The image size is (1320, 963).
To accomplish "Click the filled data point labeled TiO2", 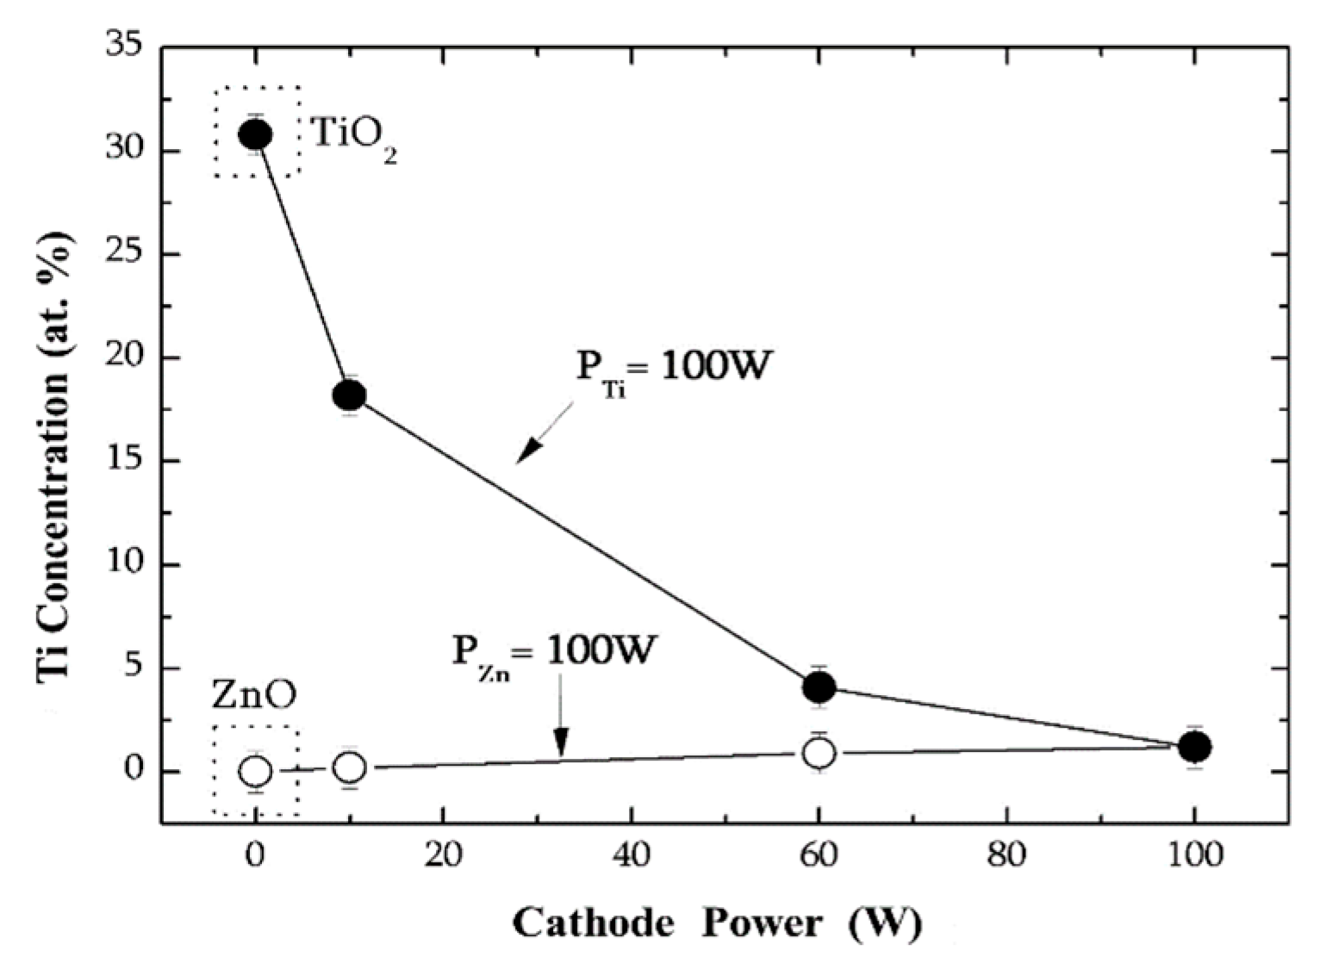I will point(256,134).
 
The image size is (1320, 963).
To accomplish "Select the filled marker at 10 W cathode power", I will point(349,395).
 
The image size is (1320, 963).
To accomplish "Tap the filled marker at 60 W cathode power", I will point(819,687).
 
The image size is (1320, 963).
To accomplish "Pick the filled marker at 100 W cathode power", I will point(1194,747).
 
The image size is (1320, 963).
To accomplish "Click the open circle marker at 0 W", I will point(256,771).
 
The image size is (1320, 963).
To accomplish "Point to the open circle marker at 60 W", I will point(819,754).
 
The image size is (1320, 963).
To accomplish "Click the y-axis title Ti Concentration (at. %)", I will point(55,461).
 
